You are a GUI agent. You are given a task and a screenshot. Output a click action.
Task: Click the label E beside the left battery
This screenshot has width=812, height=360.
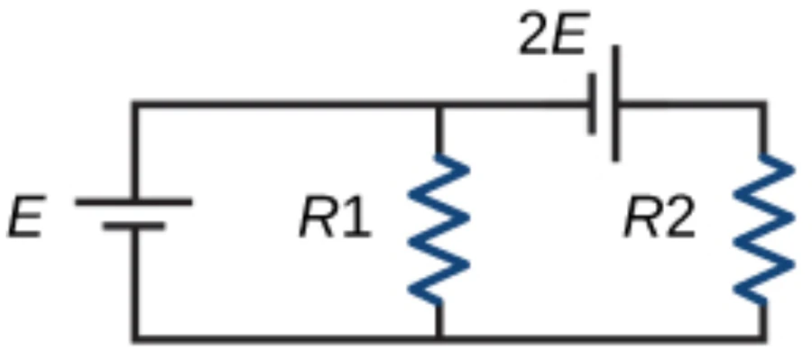26,216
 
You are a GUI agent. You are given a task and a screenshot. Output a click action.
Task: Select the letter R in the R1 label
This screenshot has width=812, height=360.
318,217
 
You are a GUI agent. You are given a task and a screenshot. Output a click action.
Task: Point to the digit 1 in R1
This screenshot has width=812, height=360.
356,217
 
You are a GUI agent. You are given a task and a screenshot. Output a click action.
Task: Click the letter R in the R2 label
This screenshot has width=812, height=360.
643,217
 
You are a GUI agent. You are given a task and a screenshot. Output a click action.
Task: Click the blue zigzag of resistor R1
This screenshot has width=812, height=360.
439,229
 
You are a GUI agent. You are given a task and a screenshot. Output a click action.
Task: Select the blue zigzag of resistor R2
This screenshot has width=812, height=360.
764,229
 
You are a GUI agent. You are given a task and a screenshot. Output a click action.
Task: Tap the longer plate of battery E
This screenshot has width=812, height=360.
134,202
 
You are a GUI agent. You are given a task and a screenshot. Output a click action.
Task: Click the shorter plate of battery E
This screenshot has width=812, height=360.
134,226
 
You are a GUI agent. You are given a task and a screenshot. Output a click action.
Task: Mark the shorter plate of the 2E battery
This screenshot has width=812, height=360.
592,104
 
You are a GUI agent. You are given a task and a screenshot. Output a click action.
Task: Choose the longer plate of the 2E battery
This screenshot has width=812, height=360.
615,103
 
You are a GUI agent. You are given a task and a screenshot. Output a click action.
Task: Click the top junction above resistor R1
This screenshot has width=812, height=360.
439,105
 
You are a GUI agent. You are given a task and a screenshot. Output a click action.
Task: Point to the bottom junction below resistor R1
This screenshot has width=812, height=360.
439,339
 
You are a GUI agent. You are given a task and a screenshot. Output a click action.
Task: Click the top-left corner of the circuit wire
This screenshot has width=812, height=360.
135,105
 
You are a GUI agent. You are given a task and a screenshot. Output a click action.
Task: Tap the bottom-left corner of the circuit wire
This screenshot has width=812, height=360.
135,339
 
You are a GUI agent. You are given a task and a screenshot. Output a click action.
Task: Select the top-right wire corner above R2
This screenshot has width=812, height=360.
763,105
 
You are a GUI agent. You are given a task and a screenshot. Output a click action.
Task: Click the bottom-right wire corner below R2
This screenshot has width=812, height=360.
763,339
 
